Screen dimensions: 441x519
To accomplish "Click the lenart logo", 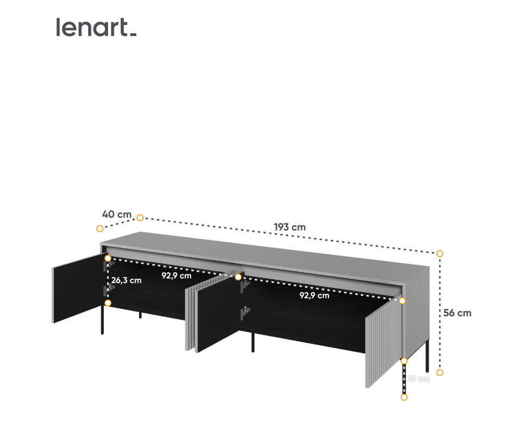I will click(x=96, y=28).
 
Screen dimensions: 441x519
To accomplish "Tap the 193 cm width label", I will click(x=290, y=227).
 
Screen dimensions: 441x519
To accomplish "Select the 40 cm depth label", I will click(x=117, y=214).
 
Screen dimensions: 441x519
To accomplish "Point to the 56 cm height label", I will click(x=457, y=313).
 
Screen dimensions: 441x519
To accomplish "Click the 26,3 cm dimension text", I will click(x=126, y=280).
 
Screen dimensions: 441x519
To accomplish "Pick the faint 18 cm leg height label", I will click(x=419, y=379).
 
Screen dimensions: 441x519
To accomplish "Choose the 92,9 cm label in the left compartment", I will click(x=176, y=276).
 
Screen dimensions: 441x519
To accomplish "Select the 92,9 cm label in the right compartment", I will click(x=314, y=295).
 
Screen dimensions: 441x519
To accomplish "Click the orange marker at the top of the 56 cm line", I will click(x=440, y=254).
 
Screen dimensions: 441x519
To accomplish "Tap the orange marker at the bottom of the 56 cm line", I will click(x=440, y=372).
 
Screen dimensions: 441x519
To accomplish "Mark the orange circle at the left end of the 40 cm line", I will click(x=100, y=228).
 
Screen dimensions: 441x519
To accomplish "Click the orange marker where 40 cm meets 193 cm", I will click(x=140, y=217).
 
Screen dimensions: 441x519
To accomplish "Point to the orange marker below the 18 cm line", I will click(x=404, y=397).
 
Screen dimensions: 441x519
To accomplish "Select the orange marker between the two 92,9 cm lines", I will click(x=238, y=277).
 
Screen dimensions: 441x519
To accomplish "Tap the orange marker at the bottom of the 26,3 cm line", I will click(x=108, y=303).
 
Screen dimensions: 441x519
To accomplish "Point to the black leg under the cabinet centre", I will click(x=253, y=343).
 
